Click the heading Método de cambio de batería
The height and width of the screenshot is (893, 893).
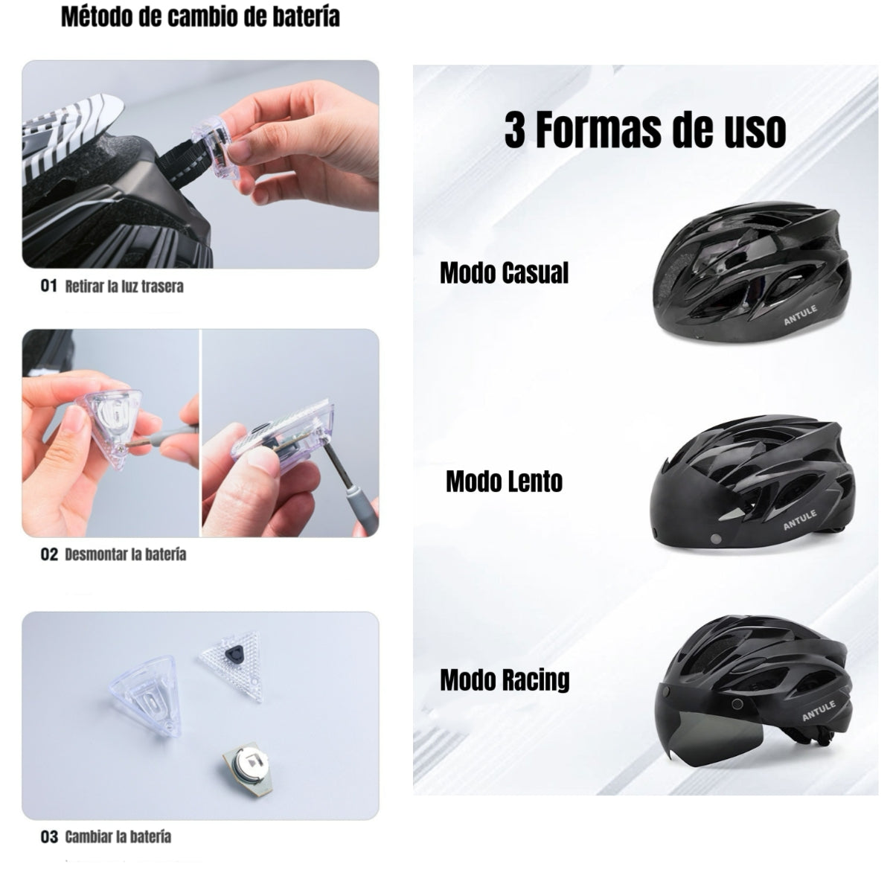click(x=199, y=17)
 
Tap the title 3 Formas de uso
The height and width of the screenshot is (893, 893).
click(x=644, y=130)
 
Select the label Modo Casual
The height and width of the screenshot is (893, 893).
click(x=504, y=273)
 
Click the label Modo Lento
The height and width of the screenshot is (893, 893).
click(x=504, y=481)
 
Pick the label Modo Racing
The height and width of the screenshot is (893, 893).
click(x=505, y=679)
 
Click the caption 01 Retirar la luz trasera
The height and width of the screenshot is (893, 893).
click(x=112, y=286)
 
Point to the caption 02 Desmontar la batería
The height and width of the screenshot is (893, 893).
click(x=113, y=554)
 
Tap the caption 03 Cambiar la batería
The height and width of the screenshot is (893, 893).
click(x=106, y=836)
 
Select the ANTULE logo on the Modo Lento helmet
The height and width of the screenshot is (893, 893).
click(x=800, y=519)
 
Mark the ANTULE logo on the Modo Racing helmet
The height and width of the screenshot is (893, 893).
click(x=819, y=711)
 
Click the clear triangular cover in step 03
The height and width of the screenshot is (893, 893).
click(x=145, y=700)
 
